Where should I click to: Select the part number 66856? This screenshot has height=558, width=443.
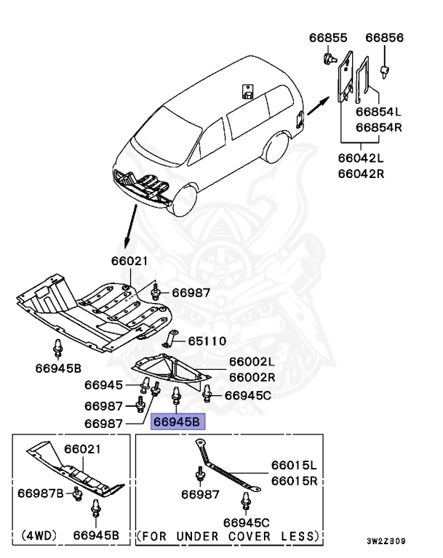click(x=385, y=38)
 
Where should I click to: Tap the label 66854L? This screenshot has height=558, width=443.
click(x=378, y=113)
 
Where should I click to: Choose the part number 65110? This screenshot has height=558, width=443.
click(x=207, y=341)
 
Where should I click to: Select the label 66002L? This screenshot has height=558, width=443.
click(x=252, y=362)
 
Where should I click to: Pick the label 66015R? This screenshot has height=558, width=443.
click(x=294, y=480)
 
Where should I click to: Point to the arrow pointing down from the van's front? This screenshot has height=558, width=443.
click(x=130, y=227)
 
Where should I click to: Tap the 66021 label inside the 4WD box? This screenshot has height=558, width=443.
click(x=81, y=450)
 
